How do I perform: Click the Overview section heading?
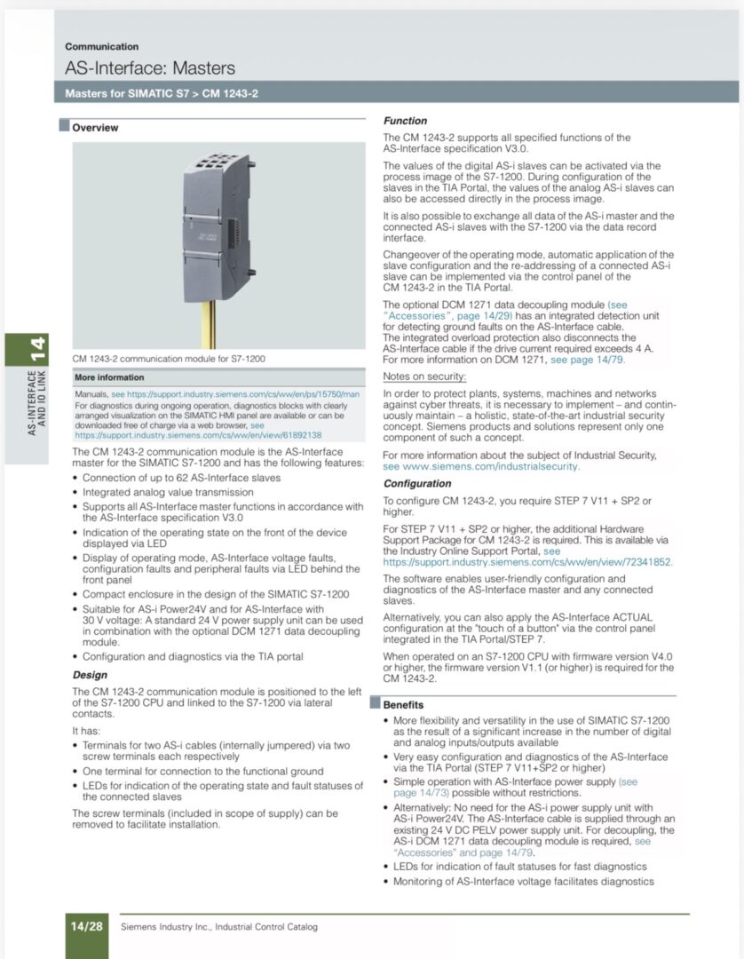(95, 128)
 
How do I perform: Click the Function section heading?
(405, 121)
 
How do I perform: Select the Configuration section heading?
(417, 484)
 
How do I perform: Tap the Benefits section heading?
(403, 704)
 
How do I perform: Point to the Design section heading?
(90, 675)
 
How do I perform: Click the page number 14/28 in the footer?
(87, 926)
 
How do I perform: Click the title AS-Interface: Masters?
(150, 68)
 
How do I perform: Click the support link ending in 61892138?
(198, 435)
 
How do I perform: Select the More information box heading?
(109, 377)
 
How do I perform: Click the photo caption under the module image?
(170, 359)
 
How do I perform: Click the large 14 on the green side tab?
(36, 348)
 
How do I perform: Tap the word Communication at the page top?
(101, 46)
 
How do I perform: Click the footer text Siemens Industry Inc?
(218, 927)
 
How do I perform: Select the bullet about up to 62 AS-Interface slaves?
(181, 478)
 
